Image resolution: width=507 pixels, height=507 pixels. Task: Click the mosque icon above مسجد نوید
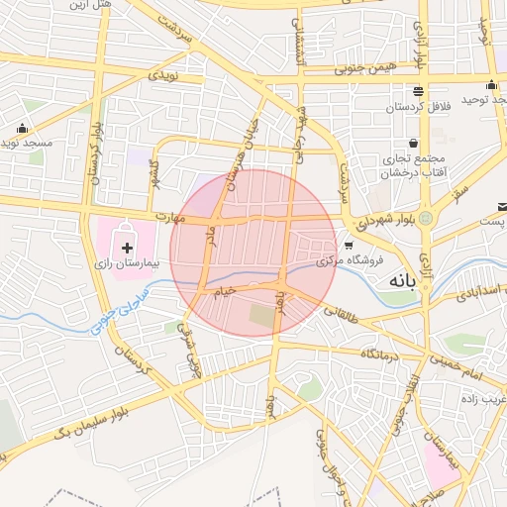coord(22,128)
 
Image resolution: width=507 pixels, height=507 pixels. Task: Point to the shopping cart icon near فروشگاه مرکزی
coord(348,245)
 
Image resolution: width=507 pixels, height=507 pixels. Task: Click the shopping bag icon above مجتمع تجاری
coord(413,143)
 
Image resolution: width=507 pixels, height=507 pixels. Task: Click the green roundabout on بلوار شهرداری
coord(427,217)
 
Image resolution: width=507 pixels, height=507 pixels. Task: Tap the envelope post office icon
coord(502,207)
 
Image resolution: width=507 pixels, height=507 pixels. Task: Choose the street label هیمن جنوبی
coord(364,67)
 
